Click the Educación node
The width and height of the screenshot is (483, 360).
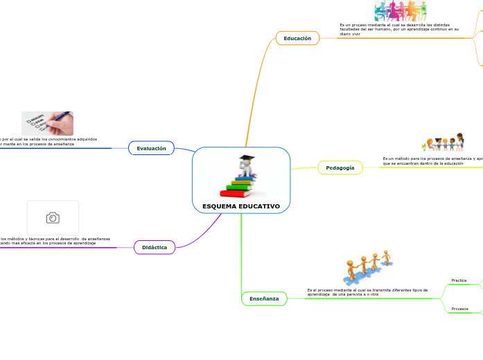297,38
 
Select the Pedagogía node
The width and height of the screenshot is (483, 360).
340,168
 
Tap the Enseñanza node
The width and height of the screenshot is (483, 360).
264,298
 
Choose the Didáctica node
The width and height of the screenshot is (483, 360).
155,247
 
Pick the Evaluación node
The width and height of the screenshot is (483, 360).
151,148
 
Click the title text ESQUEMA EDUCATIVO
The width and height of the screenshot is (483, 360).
241,206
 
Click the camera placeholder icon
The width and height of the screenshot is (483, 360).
53,218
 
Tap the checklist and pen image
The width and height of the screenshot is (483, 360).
47,123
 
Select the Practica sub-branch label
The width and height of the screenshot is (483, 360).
459,280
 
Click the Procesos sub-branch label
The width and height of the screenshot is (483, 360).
459,308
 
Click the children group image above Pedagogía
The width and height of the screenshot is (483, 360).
442,142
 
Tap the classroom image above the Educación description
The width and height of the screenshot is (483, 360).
400,10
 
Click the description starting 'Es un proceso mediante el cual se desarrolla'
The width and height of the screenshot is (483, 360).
398,29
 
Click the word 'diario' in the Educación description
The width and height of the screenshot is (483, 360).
345,34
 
